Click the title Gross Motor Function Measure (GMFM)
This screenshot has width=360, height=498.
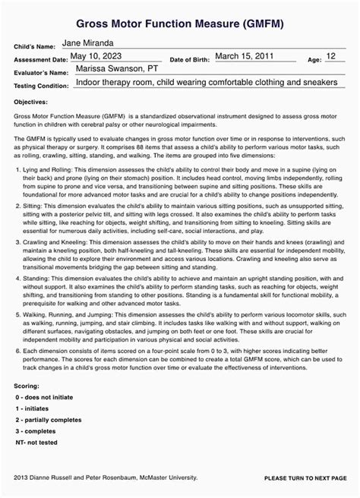(x=180, y=24)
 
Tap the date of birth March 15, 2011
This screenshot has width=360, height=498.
(x=246, y=56)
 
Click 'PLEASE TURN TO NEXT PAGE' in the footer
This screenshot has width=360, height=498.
(x=305, y=478)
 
